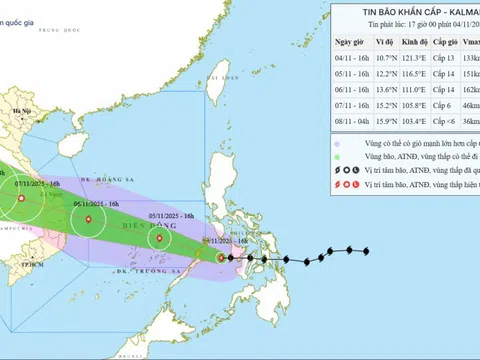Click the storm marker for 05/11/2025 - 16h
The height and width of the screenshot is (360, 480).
pyautogui.click(x=158, y=239)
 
